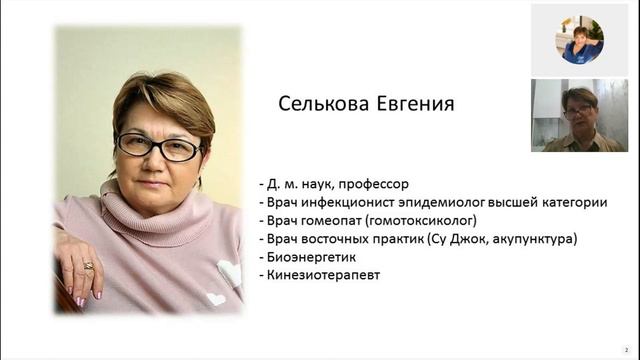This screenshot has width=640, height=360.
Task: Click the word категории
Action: point(572,202)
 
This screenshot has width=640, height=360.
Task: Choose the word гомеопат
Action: point(334,220)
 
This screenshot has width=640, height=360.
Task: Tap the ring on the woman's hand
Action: point(88,265)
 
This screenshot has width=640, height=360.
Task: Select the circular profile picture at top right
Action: point(581,40)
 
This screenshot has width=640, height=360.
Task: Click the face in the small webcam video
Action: point(579,106)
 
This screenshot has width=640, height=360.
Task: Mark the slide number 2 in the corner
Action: point(626,350)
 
